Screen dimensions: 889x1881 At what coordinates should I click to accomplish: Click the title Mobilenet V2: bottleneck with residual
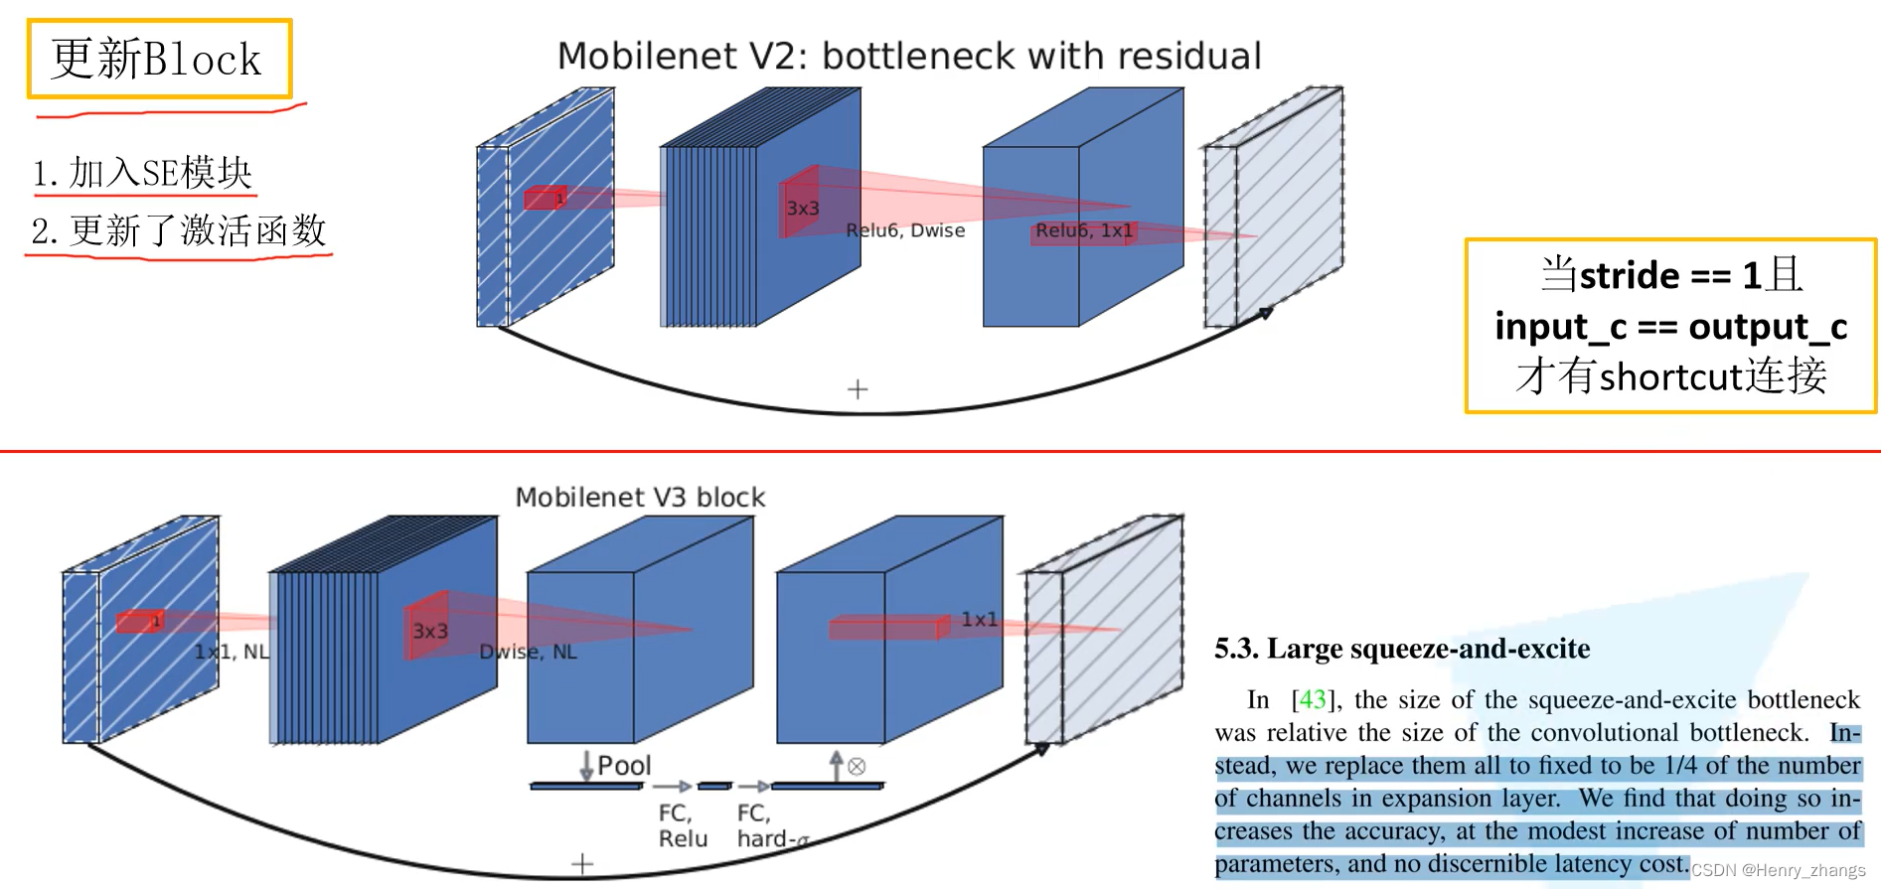[908, 57]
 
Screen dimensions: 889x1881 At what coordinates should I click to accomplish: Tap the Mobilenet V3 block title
[640, 497]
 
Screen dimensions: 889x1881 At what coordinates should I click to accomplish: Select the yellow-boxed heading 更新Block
[157, 60]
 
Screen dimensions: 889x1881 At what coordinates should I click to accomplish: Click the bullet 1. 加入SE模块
[142, 173]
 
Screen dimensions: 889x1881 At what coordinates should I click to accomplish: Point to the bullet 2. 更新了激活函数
[179, 230]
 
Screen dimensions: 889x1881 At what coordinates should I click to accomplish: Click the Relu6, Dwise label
[905, 230]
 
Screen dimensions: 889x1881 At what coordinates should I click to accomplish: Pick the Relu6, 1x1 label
[1083, 230]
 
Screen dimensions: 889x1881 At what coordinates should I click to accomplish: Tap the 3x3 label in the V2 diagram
[803, 209]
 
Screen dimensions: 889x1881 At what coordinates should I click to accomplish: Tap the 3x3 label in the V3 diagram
[430, 632]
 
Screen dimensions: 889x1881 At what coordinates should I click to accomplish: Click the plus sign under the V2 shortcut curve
[858, 389]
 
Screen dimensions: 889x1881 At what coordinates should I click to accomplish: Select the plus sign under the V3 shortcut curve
[582, 864]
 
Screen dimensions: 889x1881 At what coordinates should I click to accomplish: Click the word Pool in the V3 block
[624, 766]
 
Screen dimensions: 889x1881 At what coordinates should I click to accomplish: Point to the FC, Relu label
[683, 825]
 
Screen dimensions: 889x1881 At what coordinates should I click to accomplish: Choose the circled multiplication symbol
[857, 767]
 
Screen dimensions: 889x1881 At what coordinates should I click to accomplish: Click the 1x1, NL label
[232, 652]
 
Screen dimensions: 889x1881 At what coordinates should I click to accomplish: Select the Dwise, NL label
[528, 652]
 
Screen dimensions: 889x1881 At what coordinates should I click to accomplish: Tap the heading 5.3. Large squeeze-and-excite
[1401, 649]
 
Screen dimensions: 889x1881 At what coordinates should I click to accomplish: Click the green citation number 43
[1313, 699]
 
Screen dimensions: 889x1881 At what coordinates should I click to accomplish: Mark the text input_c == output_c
[1670, 326]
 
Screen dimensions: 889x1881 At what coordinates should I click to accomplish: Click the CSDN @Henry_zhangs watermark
[1778, 870]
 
